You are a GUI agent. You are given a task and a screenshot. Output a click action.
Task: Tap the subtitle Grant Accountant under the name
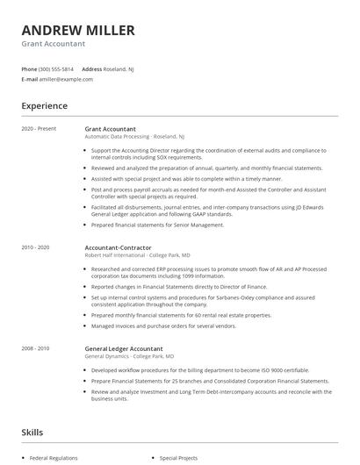click(54, 44)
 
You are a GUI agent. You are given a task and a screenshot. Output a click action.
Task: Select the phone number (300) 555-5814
click(56, 68)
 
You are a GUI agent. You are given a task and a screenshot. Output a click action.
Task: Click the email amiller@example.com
click(66, 79)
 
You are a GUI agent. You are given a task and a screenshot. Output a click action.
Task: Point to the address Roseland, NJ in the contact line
click(119, 68)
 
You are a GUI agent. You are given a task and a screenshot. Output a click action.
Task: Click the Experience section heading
click(45, 106)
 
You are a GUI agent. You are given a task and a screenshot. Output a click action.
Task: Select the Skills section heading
click(33, 433)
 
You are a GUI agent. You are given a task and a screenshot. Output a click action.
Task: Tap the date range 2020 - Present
click(39, 129)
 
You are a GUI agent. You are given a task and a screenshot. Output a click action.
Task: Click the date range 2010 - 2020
click(36, 247)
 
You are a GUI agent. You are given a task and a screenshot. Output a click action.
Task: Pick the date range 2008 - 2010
click(36, 348)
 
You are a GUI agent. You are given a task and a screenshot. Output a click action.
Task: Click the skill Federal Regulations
click(54, 458)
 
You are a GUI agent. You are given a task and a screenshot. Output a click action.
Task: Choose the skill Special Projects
click(180, 458)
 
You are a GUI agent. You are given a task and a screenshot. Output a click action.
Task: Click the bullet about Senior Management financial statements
click(158, 225)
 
